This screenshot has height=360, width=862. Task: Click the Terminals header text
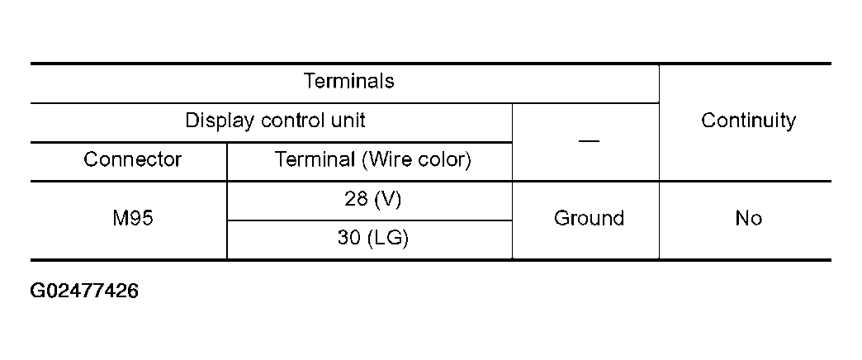(x=348, y=82)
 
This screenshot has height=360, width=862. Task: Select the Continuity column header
(x=748, y=121)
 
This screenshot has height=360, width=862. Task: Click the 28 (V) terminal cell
(x=369, y=200)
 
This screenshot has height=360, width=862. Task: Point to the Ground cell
(x=589, y=219)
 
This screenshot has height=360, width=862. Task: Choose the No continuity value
(x=748, y=219)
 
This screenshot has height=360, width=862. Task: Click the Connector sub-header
(x=132, y=159)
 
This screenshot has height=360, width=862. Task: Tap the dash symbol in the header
(x=589, y=140)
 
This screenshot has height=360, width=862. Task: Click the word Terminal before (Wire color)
(x=315, y=159)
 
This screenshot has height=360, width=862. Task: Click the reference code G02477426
(x=84, y=291)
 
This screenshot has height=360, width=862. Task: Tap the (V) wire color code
(x=386, y=200)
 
